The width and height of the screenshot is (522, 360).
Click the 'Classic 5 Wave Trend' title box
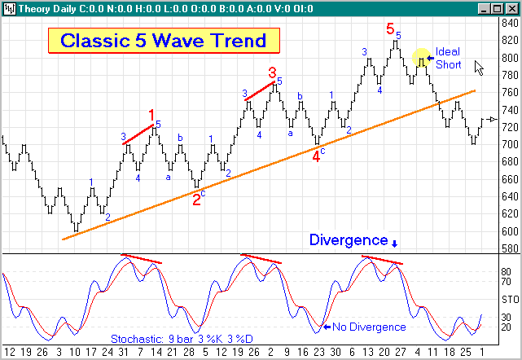pyautogui.click(x=163, y=41)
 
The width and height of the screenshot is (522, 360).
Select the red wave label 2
pyautogui.click(x=196, y=199)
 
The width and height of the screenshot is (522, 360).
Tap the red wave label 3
pyautogui.click(x=273, y=72)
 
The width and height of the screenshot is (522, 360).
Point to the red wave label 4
pyautogui.click(x=317, y=156)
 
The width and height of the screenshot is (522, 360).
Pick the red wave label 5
pyautogui.click(x=390, y=29)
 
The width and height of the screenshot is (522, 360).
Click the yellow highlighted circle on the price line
pyautogui.click(x=420, y=58)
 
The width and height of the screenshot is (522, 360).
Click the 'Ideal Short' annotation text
pyautogui.click(x=448, y=58)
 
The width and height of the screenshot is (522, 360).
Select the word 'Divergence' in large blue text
pyautogui.click(x=348, y=240)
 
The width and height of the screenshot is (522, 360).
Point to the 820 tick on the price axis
pyautogui.click(x=508, y=41)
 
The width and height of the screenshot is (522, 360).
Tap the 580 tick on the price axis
pyautogui.click(x=508, y=248)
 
